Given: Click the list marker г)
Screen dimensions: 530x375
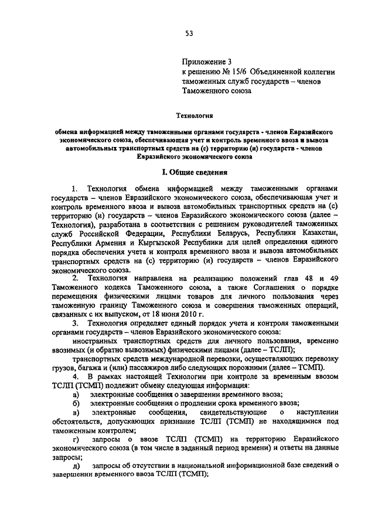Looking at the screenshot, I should pos(75,438).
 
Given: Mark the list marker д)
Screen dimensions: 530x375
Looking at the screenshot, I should pos(76,465).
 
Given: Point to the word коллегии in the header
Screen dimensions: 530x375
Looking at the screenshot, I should pos(317,71).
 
